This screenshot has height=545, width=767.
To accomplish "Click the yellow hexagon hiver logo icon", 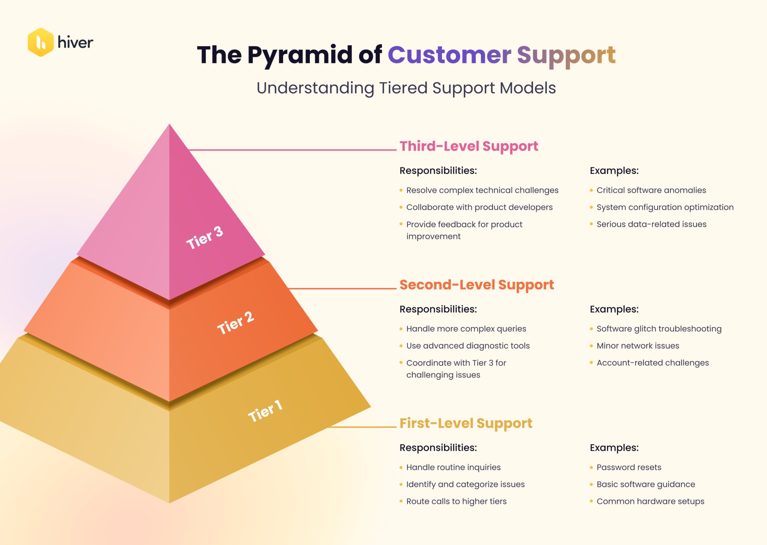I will (40, 42).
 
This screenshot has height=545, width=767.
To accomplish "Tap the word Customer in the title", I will (449, 55).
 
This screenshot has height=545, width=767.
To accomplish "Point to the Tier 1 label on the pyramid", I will (265, 411).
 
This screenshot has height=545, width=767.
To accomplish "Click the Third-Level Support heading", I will (469, 146).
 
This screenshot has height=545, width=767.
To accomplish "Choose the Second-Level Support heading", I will (476, 285).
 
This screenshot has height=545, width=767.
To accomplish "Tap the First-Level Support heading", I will (466, 423).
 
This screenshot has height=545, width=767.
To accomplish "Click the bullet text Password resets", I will (628, 467).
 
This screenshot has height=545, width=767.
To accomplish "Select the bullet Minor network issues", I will (637, 346).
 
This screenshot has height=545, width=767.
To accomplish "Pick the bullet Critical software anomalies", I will (651, 190).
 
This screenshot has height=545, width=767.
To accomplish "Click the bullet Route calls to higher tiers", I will (456, 502).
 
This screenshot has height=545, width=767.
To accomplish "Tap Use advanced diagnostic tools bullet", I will (468, 346).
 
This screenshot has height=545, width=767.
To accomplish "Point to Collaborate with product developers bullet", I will (479, 207).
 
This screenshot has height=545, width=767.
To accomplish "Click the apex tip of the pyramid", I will (169, 126).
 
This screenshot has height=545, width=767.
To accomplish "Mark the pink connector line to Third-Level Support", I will (292, 150).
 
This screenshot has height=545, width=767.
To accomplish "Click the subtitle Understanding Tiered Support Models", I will (406, 88).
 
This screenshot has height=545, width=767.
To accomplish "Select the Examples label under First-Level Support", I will (614, 448).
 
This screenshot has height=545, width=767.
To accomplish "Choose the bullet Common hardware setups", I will (650, 502).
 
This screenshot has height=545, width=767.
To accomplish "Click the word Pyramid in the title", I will (300, 55).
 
